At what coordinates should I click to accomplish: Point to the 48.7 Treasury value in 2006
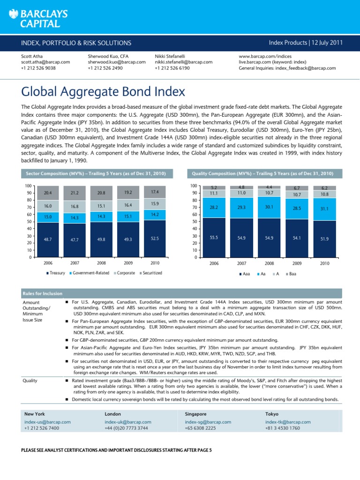coord(47,239)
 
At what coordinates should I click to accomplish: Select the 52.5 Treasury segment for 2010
coord(155,238)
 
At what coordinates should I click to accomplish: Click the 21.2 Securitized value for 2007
coord(75,192)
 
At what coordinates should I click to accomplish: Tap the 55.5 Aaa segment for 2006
coord(214,238)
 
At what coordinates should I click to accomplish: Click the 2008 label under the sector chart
coord(101,264)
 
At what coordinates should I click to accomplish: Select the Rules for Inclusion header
coord(43,293)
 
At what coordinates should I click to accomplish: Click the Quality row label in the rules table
coord(30,381)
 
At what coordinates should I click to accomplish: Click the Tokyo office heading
coord(272,414)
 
